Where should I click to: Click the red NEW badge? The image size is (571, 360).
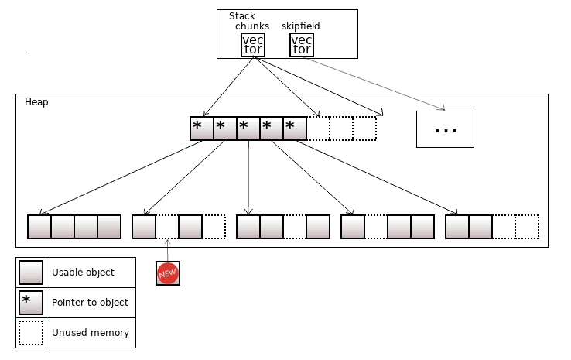(x=168, y=273)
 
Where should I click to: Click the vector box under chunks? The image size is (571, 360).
(x=253, y=45)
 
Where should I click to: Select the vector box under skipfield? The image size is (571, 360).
(x=302, y=45)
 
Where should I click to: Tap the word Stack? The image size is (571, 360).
(x=242, y=16)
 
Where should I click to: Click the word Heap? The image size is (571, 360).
(x=36, y=102)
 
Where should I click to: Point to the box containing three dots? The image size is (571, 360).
(x=445, y=129)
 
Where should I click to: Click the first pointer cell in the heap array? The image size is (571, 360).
(x=201, y=129)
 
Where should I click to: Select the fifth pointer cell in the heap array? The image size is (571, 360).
(x=295, y=129)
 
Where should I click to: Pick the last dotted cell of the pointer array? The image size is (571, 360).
(x=364, y=129)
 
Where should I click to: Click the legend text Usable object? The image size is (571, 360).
(x=83, y=273)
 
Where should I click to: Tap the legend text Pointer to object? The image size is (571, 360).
(x=90, y=303)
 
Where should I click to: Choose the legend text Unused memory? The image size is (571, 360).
(x=90, y=333)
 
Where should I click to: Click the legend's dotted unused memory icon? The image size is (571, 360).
(x=31, y=333)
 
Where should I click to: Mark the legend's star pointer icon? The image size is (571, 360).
(x=31, y=303)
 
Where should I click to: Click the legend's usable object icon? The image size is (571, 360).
(x=31, y=273)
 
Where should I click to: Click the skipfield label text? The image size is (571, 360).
(x=300, y=26)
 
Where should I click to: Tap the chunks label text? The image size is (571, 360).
(x=252, y=26)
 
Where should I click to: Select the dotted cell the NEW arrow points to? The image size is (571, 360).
(x=167, y=227)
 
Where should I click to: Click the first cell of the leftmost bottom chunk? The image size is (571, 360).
(x=39, y=227)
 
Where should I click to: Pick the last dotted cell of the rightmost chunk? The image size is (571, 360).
(x=527, y=227)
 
